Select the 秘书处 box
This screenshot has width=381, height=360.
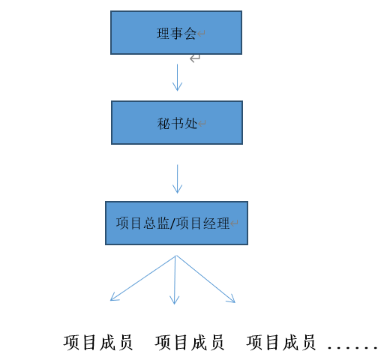pos(176,122)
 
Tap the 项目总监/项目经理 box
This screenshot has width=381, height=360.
pos(176,223)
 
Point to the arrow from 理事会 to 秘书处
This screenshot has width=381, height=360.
pos(177,77)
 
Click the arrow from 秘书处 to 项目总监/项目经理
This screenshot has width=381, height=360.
pos(177,178)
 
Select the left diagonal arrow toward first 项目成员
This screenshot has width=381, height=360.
pos(142,278)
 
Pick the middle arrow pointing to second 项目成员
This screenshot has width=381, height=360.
pos(175,280)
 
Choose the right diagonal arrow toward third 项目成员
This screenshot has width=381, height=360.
pos(205,279)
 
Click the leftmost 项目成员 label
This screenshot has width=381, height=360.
pos(98,343)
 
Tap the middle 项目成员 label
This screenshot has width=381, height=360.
pos(190,343)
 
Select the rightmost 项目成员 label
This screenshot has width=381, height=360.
pos(281,343)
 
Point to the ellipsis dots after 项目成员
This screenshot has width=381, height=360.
pos(352,347)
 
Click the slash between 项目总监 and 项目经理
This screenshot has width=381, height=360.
pos(172,223)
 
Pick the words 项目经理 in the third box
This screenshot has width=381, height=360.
pos(202,223)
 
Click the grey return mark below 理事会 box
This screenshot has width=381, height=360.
pos(195,58)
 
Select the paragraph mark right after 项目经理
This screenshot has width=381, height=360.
pos(235,223)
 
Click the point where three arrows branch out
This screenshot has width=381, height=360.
pos(175,256)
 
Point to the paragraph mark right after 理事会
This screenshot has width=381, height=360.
pos(202,34)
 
